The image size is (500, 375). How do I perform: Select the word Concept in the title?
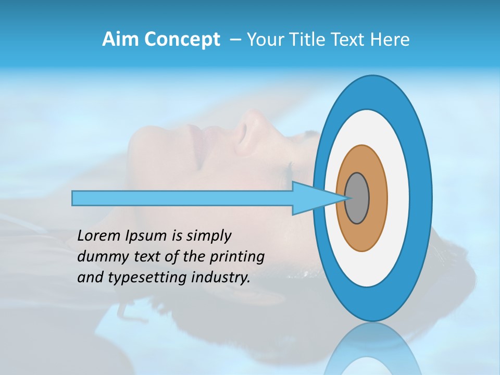point(182,40)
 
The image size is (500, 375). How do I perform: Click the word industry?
point(222,277)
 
